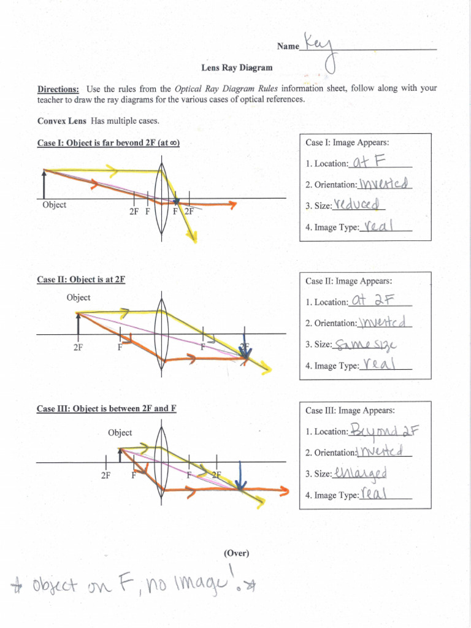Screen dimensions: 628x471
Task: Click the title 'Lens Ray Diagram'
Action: click(237, 67)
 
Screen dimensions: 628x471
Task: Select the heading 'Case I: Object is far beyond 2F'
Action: click(108, 143)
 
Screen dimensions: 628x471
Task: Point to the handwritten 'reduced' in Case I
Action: click(360, 204)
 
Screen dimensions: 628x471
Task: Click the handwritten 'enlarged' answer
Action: click(361, 473)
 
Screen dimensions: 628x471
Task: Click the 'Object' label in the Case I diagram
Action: click(55, 205)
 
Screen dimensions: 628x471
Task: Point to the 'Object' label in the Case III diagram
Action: click(120, 432)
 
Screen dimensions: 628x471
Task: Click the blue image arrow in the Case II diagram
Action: click(245, 347)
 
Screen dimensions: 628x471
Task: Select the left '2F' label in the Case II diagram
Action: click(78, 347)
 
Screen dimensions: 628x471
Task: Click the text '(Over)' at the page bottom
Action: click(237, 553)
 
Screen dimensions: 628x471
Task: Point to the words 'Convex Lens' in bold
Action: click(62, 121)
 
